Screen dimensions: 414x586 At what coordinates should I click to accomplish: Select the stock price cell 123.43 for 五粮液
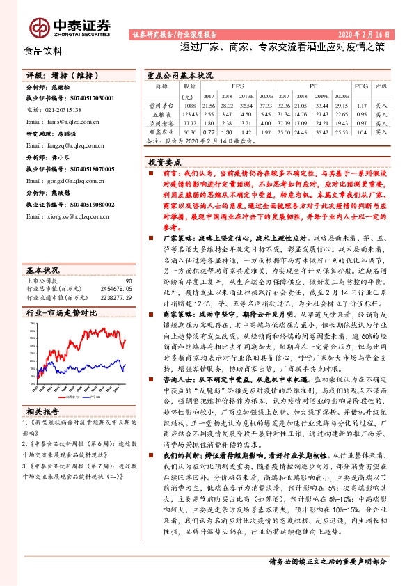point(190,112)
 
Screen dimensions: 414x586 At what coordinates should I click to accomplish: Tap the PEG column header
point(360,86)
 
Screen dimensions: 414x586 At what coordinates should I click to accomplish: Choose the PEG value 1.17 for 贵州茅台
point(360,104)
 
